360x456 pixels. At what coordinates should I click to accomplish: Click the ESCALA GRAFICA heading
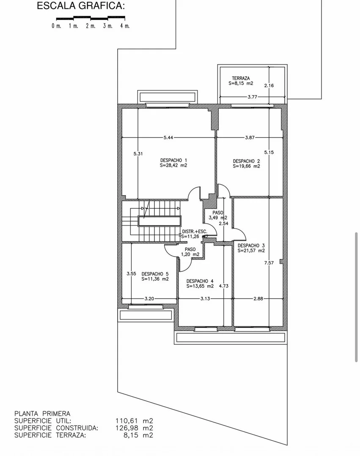coord(81,6)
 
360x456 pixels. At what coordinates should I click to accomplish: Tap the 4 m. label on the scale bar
coord(125,26)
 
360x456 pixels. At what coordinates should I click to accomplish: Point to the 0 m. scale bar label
coord(56,26)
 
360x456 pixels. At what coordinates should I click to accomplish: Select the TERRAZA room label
coord(241,78)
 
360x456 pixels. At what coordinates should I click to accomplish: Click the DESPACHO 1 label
coord(173,160)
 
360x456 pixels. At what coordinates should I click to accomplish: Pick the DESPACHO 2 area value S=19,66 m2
coord(246,167)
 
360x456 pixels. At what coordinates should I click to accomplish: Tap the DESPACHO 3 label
coord(251,246)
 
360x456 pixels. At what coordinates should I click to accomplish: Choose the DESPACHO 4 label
coord(200,281)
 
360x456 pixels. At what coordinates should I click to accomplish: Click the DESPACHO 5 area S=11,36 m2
coord(155,279)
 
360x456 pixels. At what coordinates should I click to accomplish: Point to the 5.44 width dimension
coord(168,137)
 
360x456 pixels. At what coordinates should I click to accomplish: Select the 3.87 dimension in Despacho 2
coord(250,137)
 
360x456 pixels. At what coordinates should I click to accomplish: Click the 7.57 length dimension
coord(269,262)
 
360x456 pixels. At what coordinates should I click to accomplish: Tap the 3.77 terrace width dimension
coord(252,97)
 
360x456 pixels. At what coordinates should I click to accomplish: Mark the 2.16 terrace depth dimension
coord(269,85)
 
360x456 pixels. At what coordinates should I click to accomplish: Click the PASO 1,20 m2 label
coord(190,252)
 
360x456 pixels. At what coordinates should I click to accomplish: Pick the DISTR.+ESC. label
coord(195,232)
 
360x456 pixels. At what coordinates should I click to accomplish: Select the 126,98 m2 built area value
coord(134,428)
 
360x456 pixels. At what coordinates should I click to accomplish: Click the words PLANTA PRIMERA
coord(42,414)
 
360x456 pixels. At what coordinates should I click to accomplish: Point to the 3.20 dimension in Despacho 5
coord(149,298)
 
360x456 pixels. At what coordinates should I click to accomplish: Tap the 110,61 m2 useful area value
coord(134,421)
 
